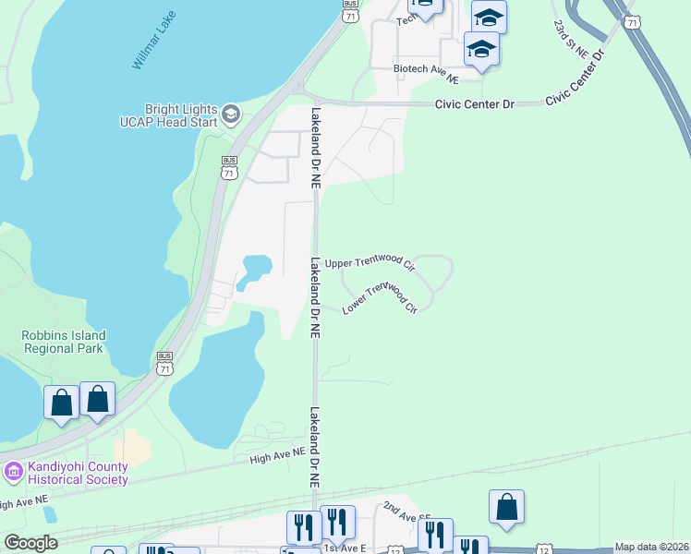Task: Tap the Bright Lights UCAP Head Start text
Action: pos(168,115)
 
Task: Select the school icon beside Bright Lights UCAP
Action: pos(230,115)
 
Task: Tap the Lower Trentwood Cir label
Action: pos(381,297)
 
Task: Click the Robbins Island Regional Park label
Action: pos(65,343)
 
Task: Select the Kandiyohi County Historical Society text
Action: pos(78,473)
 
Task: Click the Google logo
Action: pos(30,543)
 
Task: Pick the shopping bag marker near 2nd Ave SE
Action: pos(506,507)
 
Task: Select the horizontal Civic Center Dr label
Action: pos(474,104)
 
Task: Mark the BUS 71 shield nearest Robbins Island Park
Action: pos(164,362)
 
